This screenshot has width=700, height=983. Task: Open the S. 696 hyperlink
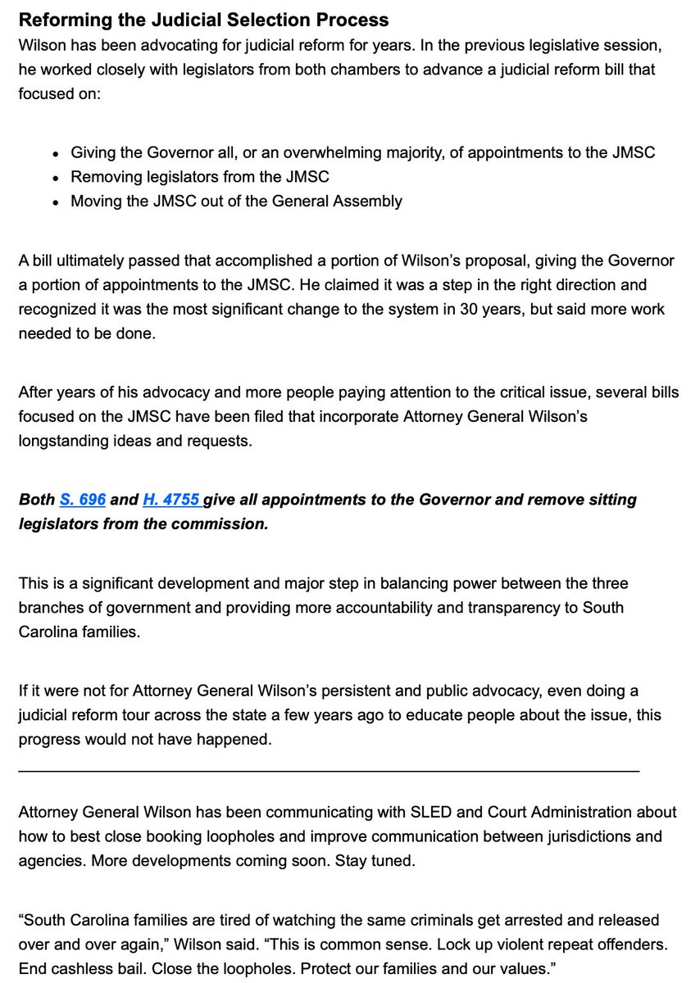point(82,500)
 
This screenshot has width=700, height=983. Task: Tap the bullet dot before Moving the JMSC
point(55,202)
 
